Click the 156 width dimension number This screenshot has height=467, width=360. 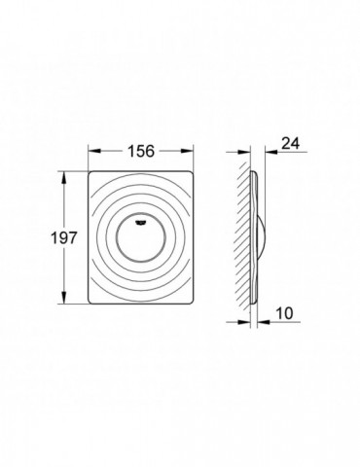coord(141,151)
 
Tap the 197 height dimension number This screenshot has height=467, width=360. coord(64,238)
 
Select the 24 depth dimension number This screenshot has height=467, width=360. coord(290,143)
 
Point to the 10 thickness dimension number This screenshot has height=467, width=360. coord(284,313)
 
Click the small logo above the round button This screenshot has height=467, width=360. coord(141,222)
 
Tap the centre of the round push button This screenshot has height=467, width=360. coord(141,239)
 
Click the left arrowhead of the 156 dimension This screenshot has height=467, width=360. coord(94,151)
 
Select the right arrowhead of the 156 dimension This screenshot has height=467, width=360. coord(187,151)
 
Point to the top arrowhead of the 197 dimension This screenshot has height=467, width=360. coord(64,178)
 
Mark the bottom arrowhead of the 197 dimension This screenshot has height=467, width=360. coord(64,298)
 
